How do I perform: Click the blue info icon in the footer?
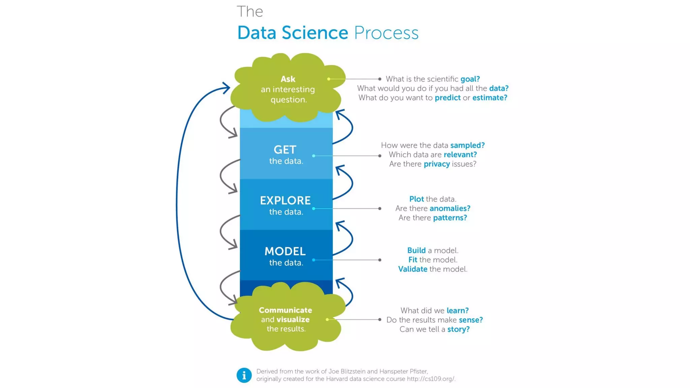point(244,375)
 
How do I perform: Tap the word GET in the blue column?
point(285,150)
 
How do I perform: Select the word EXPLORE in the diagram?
point(285,200)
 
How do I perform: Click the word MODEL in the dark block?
point(285,251)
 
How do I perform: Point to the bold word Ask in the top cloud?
point(288,79)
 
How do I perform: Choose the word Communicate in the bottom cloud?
point(285,310)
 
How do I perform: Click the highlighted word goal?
point(470,79)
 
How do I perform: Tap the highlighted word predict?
point(447,98)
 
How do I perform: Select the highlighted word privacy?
point(437,164)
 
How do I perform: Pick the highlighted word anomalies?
point(450,208)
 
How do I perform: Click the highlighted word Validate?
point(413,269)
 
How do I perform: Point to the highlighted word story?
point(458,329)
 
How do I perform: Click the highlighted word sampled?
point(467,145)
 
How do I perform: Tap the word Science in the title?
point(315,33)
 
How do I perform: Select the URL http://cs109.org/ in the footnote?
point(431,379)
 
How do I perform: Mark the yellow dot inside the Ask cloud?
point(328,79)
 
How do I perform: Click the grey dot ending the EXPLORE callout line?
point(380,208)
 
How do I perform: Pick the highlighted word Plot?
point(416,199)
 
